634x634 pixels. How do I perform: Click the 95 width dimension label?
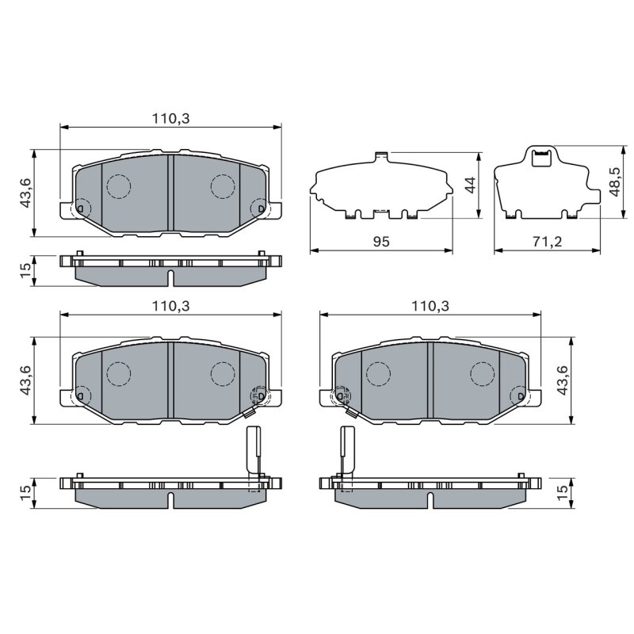[381, 242]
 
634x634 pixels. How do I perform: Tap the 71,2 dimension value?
[547, 242]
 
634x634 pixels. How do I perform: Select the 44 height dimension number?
[470, 185]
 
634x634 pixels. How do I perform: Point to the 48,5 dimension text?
[616, 182]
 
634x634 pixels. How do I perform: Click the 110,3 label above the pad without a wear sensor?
[170, 118]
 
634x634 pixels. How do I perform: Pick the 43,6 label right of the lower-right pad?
[563, 380]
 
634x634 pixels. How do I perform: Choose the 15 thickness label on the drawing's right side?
[563, 493]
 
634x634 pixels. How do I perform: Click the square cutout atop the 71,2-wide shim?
[541, 158]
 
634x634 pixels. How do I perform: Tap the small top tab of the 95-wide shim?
[381, 156]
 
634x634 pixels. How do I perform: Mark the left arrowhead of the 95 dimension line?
[314, 250]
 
